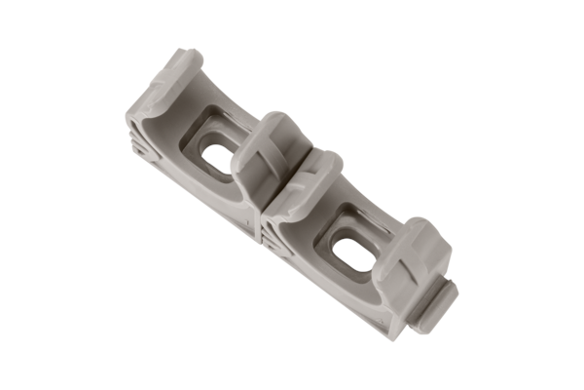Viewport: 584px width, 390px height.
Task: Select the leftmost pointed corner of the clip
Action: pos(127,122)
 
